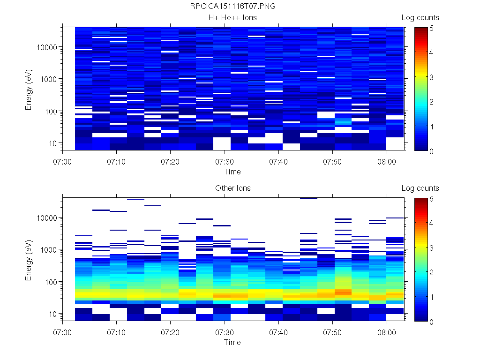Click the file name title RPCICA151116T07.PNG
click(232, 7)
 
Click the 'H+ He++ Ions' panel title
click(232, 18)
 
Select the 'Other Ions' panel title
click(232, 188)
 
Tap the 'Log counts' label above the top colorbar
click(420, 18)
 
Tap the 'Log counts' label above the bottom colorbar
click(420, 188)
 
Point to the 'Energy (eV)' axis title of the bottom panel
click(29, 260)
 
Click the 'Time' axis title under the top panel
click(232, 172)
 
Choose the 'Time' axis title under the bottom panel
click(232, 342)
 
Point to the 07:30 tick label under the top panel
click(225, 161)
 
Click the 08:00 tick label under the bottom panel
click(387, 331)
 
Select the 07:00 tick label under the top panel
click(63, 161)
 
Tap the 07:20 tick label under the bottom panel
click(171, 331)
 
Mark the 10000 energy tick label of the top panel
click(47, 47)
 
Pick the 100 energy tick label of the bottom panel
click(51, 282)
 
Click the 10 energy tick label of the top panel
click(52, 143)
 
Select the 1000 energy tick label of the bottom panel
click(49, 250)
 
